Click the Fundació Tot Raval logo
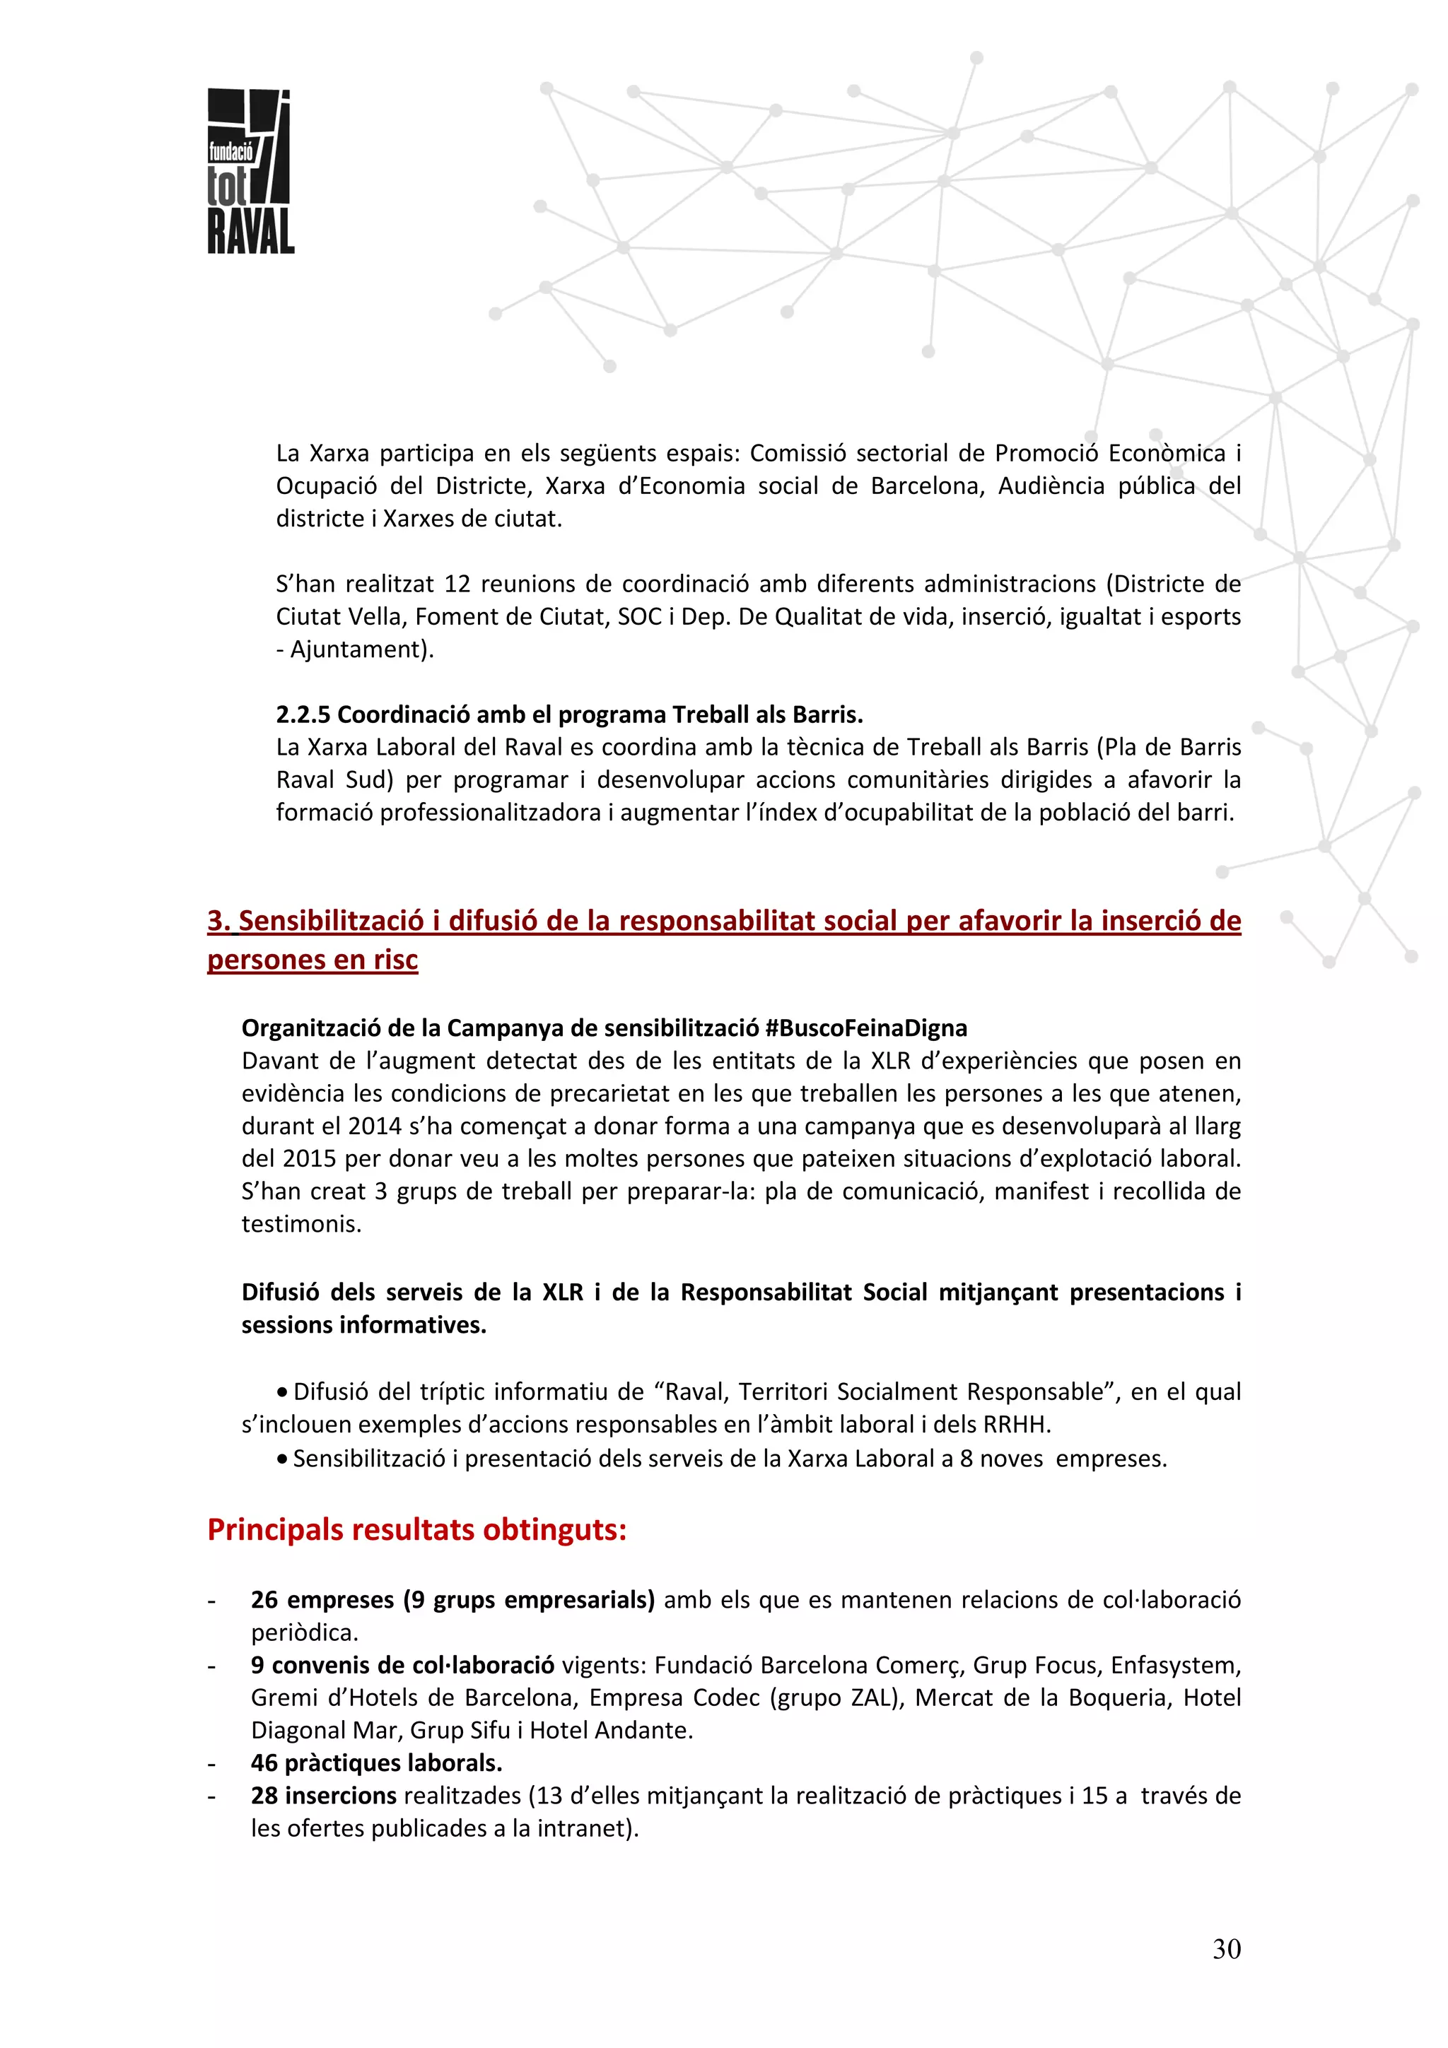pyautogui.click(x=250, y=171)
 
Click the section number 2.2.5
pyautogui.click(x=303, y=714)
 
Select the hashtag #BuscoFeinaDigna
pyautogui.click(x=865, y=1028)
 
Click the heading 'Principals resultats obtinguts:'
pyautogui.click(x=416, y=1530)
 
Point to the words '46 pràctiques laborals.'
pyautogui.click(x=377, y=1762)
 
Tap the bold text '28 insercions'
pyautogui.click(x=323, y=1796)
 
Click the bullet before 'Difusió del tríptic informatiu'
pyautogui.click(x=282, y=1392)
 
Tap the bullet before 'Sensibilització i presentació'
pyautogui.click(x=282, y=1459)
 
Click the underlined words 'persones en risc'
pyautogui.click(x=313, y=960)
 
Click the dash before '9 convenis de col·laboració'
pyautogui.click(x=212, y=1666)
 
